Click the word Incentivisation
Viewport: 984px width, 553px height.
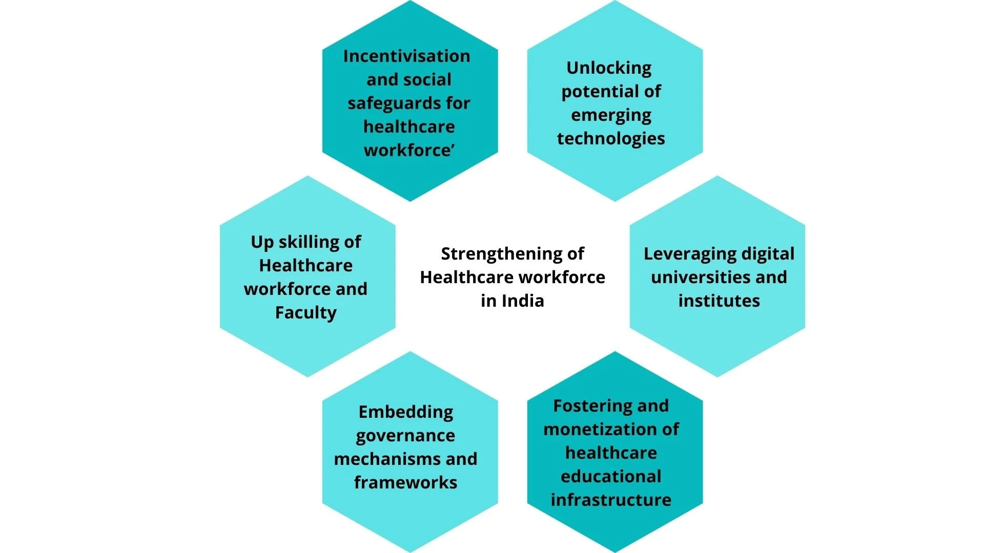click(406, 56)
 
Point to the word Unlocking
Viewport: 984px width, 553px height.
click(609, 68)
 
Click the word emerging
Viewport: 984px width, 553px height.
click(611, 115)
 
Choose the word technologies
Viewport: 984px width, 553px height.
click(611, 138)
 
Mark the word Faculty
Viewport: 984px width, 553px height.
click(306, 312)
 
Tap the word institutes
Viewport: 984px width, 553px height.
click(719, 301)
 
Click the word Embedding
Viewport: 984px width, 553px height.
click(406, 412)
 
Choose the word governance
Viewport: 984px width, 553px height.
click(405, 436)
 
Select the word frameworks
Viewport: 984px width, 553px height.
click(405, 482)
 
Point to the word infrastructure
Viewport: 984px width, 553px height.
click(611, 500)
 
